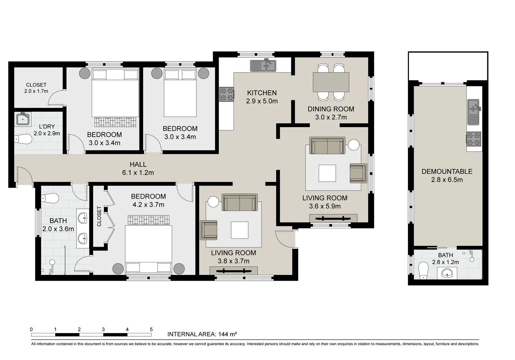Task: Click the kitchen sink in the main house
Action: [x=263, y=65]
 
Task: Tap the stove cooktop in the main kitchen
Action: [x=227, y=94]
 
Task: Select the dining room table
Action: [x=331, y=82]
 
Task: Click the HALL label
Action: [x=138, y=164]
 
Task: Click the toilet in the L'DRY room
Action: [x=23, y=139]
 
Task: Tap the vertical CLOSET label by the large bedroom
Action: [x=99, y=216]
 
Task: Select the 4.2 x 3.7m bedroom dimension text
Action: [x=148, y=204]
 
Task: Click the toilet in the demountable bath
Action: [x=423, y=271]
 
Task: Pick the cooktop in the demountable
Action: [x=474, y=139]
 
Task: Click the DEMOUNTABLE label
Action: [x=447, y=171]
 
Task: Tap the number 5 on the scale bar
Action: [x=151, y=329]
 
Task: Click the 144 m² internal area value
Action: [x=227, y=334]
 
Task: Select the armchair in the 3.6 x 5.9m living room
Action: [x=358, y=173]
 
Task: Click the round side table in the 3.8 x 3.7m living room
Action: [x=213, y=202]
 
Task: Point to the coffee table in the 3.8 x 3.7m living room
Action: [x=239, y=230]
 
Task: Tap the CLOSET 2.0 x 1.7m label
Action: [x=36, y=88]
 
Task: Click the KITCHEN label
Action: [x=262, y=93]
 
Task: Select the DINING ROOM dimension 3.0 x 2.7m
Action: [x=331, y=117]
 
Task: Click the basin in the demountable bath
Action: [x=447, y=273]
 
